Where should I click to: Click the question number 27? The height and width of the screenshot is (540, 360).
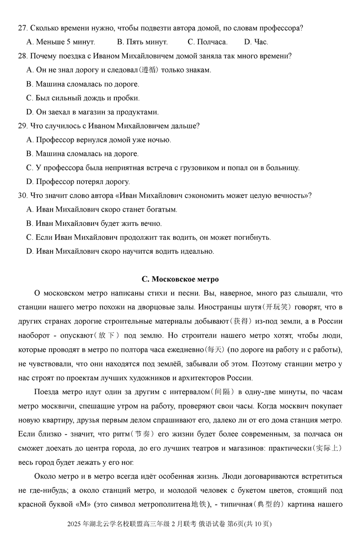click(22, 28)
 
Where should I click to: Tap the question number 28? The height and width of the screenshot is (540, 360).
click(22, 56)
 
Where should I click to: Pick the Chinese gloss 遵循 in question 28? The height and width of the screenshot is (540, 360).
click(149, 70)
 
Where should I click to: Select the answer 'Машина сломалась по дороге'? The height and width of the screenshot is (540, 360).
click(83, 84)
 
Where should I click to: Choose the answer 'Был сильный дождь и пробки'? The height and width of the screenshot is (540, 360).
click(83, 98)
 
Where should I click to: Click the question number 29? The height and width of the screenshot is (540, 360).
click(22, 126)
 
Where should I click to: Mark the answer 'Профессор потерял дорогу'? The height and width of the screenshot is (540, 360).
click(78, 182)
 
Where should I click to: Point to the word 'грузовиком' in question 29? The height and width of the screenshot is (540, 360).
click(202, 168)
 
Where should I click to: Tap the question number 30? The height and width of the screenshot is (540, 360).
click(22, 196)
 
